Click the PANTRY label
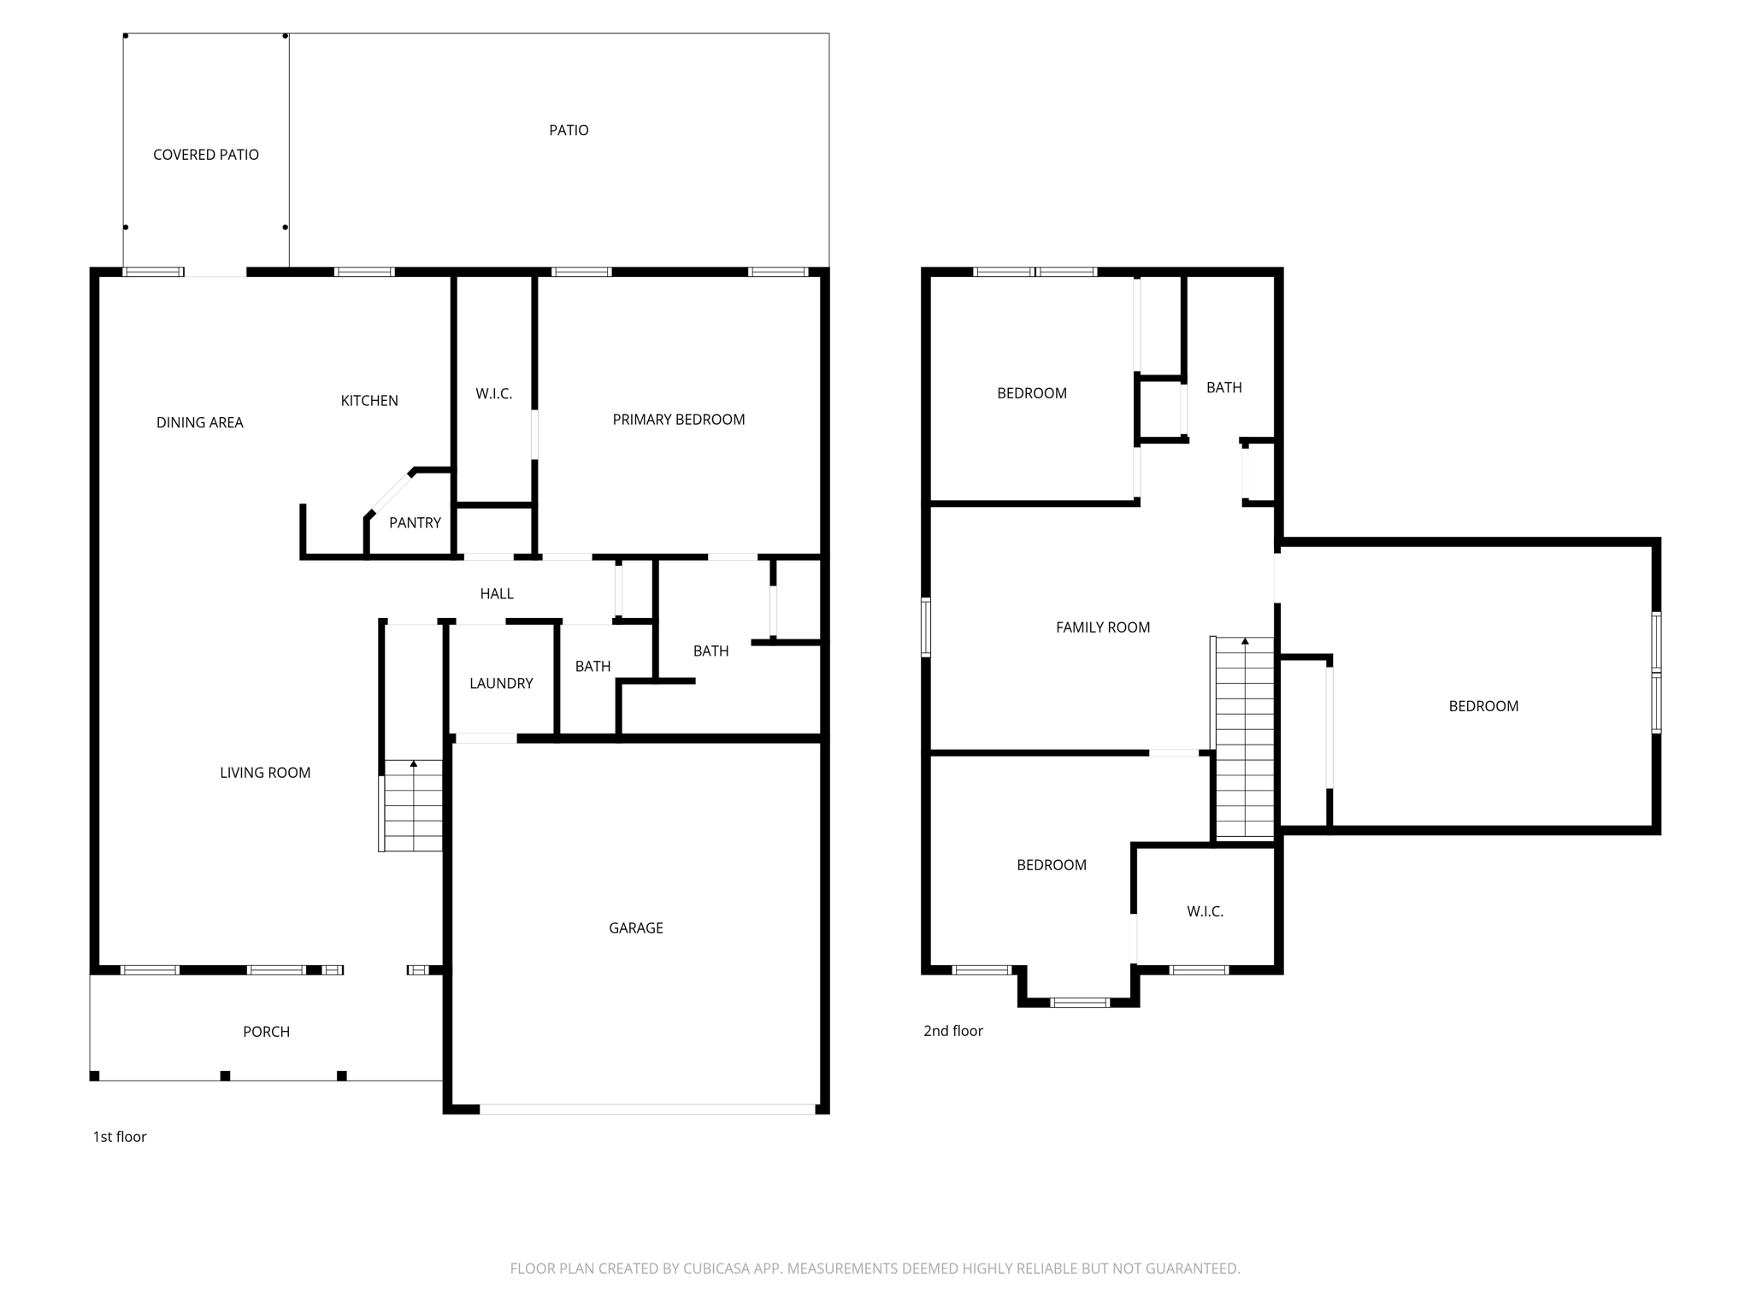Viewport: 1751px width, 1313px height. (415, 522)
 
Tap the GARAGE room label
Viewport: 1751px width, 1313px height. (635, 927)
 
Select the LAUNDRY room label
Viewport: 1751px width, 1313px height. (501, 683)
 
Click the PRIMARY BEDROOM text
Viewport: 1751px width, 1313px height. (678, 419)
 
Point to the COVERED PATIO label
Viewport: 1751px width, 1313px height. (205, 155)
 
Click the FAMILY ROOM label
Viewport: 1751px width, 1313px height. (1102, 627)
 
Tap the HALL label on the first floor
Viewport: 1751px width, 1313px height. (496, 593)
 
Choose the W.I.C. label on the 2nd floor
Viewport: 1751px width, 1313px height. (1204, 911)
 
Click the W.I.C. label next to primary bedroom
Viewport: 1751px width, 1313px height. (493, 393)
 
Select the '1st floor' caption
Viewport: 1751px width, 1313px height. (119, 1136)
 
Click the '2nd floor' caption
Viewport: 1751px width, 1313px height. (952, 1030)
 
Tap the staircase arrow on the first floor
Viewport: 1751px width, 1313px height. (414, 763)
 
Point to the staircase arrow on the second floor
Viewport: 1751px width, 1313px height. (1245, 641)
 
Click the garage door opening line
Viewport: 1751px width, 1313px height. (646, 1109)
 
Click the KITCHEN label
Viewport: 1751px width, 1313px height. (369, 400)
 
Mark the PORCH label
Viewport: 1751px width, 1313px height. (266, 1031)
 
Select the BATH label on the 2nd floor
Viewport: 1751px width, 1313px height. (1223, 387)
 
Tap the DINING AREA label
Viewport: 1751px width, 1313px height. (199, 422)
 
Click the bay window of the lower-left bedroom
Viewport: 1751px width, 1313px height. (1079, 1002)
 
